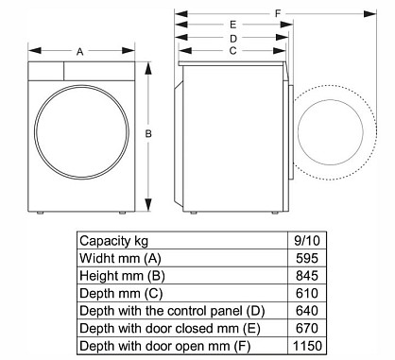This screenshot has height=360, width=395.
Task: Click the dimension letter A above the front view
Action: [x=80, y=51]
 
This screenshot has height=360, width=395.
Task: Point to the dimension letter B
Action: [x=148, y=134]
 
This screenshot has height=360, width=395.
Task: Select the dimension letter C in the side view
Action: [x=232, y=51]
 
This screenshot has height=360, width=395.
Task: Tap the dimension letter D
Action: [x=233, y=39]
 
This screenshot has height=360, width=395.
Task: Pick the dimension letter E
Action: [x=232, y=25]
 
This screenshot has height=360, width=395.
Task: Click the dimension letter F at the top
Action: [x=278, y=13]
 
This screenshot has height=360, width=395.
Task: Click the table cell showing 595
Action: [x=307, y=258]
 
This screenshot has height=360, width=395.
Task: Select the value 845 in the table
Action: [x=307, y=276]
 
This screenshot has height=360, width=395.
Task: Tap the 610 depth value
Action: [x=307, y=293]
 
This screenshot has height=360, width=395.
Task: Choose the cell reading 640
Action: [x=307, y=311]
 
